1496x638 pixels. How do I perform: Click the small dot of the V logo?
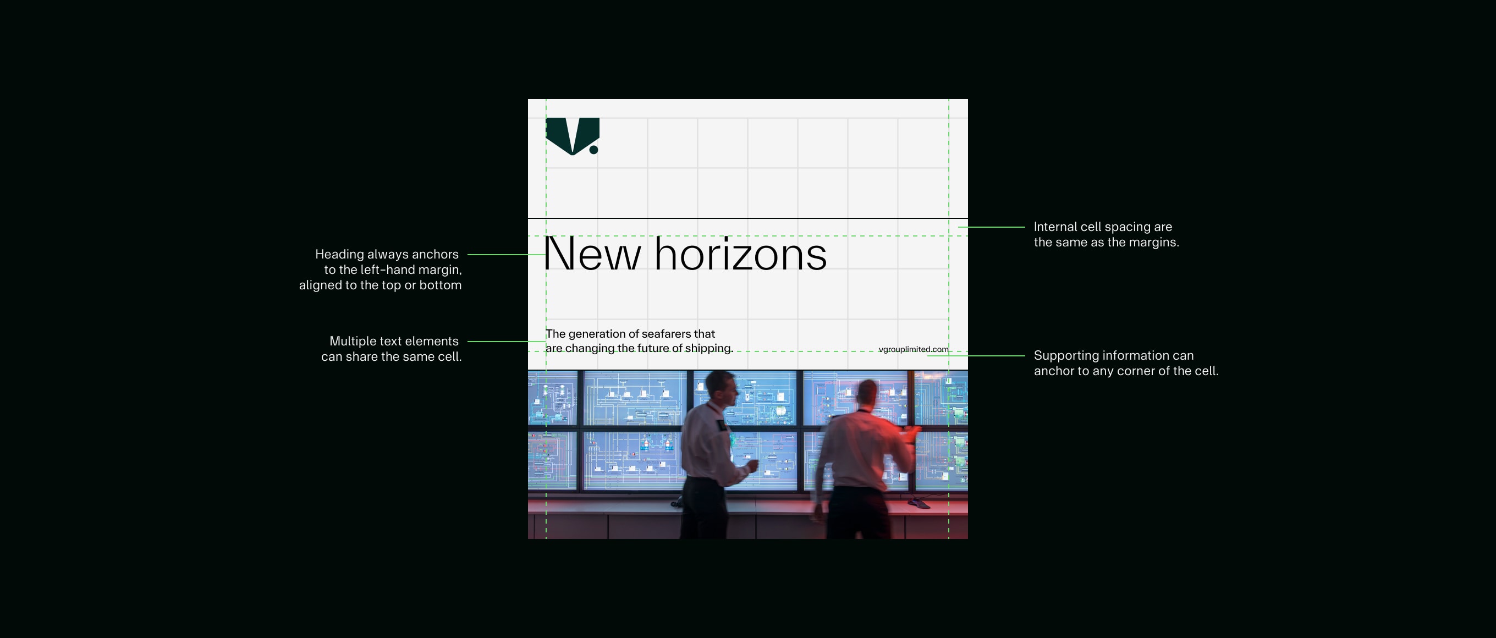click(x=593, y=150)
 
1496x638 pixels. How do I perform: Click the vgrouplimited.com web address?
click(x=913, y=349)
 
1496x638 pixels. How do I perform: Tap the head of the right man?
click(x=867, y=394)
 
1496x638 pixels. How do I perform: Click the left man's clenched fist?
click(x=752, y=465)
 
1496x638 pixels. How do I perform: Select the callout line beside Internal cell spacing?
click(x=992, y=227)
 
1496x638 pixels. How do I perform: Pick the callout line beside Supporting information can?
click(x=976, y=356)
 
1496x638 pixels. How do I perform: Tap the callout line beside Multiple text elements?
click(x=506, y=342)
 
